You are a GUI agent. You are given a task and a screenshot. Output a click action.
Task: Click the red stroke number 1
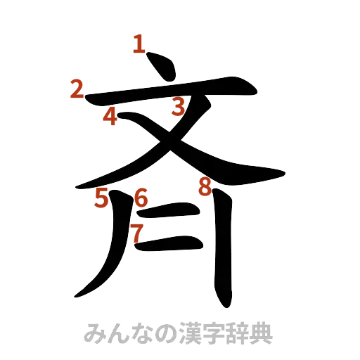139,46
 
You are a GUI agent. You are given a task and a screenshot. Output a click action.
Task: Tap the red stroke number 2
77,89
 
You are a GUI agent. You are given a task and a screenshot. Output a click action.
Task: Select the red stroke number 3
178,108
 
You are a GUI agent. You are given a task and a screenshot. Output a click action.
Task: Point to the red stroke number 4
110,116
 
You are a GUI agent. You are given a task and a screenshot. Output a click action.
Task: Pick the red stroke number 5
103,199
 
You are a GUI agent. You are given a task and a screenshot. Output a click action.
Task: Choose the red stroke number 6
141,199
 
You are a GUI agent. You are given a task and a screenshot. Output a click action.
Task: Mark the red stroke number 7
137,231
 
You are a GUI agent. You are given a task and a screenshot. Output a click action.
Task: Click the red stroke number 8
205,187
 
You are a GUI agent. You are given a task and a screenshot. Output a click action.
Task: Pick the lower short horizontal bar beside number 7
172,245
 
